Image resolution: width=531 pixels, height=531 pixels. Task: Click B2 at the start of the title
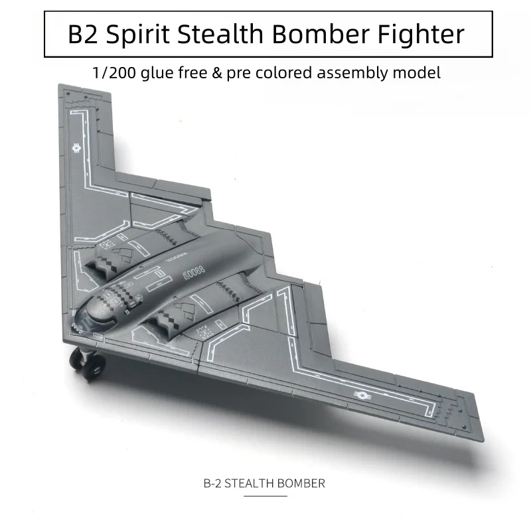(x=83, y=33)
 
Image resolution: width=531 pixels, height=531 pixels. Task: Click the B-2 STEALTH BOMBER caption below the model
(x=264, y=483)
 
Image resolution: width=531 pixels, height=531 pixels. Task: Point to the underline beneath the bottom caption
(x=264, y=495)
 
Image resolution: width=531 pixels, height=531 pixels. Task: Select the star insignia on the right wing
(x=362, y=396)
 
